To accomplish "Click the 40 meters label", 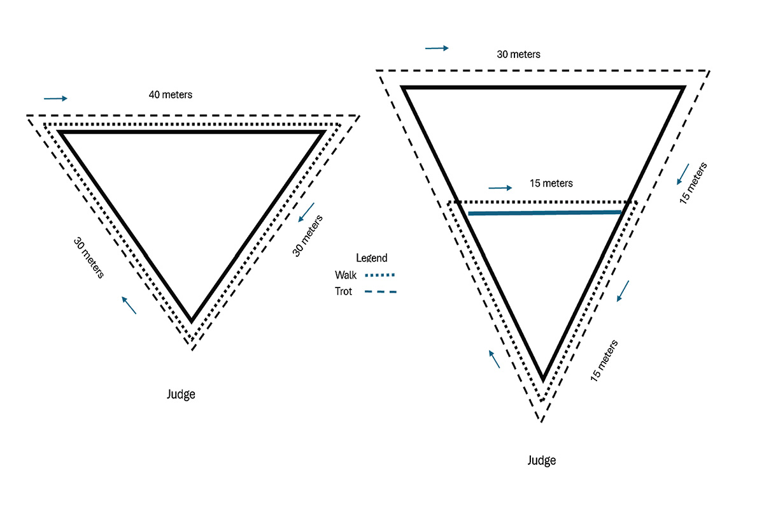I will tap(170, 95).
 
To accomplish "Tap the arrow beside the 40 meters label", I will tap(55, 98).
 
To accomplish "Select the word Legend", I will tap(371, 258).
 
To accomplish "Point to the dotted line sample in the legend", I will tap(379, 275).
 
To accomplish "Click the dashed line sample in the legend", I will tap(380, 292).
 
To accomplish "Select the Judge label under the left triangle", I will tap(181, 394).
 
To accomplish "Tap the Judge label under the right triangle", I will tap(542, 460).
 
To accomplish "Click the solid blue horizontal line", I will tap(544, 212).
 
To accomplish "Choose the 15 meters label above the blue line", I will tap(551, 184).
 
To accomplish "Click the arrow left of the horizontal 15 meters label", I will tap(500, 187).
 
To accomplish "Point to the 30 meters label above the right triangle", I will tap(518, 55).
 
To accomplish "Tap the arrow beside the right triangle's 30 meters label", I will tap(437, 48).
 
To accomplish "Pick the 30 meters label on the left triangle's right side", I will tap(308, 236).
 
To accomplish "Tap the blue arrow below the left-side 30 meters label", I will tap(129, 305).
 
